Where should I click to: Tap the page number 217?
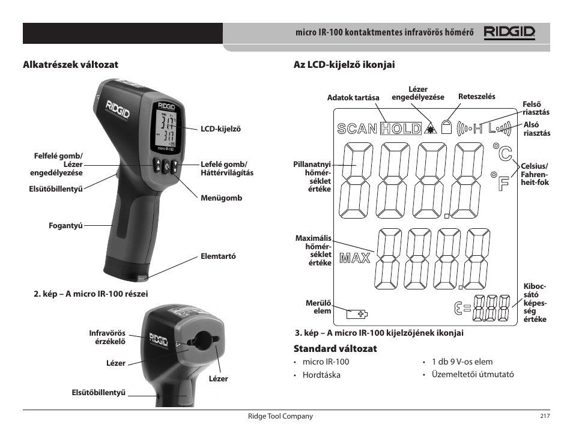coord(545,416)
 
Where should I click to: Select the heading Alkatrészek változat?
coord(70,64)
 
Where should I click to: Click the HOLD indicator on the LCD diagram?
coord(401,128)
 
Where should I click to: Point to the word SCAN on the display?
coord(357,129)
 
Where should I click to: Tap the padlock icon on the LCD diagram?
coord(446,127)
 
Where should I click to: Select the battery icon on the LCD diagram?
coord(358,313)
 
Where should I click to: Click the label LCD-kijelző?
coord(220,129)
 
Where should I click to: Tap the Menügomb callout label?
coord(221,198)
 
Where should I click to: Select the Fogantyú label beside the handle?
coord(65,226)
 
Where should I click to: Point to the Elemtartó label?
coord(218,256)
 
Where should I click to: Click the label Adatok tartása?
coord(353,97)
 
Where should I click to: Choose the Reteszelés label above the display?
coord(476,96)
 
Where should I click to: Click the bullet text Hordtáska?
coord(321,375)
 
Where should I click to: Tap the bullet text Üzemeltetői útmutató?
coord(472,375)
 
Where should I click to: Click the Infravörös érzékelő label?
coord(107,337)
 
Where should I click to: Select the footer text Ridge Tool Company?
coord(280,416)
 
